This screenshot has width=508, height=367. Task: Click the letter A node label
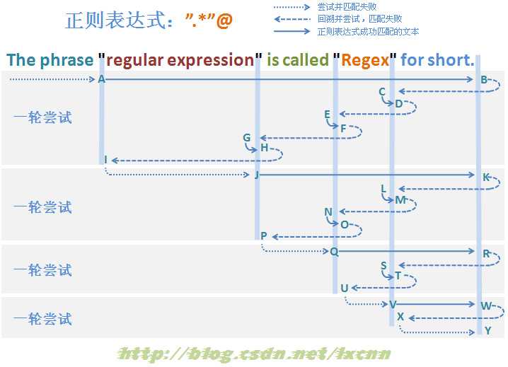101,79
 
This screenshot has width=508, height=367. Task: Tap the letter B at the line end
484,79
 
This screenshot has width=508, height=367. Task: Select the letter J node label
257,175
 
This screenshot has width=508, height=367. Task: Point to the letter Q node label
334,251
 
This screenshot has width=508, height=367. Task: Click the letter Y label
488,331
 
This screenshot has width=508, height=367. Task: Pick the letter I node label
105,160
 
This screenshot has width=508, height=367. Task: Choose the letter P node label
264,235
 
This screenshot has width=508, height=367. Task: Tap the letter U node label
345,288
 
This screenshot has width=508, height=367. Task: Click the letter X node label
400,317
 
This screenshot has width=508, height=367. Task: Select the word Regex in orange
365,60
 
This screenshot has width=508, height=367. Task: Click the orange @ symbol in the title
224,21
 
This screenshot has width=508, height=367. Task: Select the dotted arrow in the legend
291,7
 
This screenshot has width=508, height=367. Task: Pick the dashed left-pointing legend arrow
292,19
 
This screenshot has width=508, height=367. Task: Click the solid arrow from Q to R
406,251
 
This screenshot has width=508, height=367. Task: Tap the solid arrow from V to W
435,304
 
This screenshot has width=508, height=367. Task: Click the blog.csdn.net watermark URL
254,354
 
